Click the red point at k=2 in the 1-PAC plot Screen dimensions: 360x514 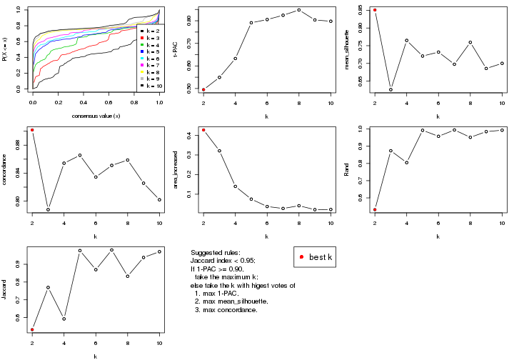coord(203,89)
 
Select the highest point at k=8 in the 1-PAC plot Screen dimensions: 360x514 coord(299,10)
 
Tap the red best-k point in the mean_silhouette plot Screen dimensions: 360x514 coord(375,10)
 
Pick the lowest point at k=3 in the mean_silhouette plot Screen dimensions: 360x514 coord(390,89)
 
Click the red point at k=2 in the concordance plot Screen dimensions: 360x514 coord(32,130)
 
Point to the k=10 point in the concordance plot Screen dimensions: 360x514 coord(159,200)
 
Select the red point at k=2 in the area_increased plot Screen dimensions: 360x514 coord(203,130)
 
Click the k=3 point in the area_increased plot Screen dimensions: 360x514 coord(219,151)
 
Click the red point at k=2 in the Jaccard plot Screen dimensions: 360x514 coord(32,329)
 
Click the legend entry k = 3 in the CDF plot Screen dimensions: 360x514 coord(151,39)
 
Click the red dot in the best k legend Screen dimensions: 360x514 coord(303,256)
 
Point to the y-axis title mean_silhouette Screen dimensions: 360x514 coord(348,49)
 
